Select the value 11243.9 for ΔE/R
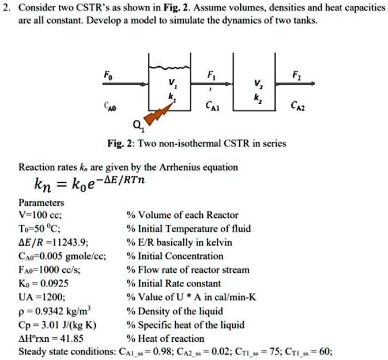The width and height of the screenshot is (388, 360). [x=69, y=242]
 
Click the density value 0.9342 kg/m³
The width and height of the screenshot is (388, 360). [x=58, y=310]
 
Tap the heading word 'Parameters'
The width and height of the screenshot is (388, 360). [x=42, y=203]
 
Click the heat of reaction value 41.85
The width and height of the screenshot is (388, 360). [x=72, y=338]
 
